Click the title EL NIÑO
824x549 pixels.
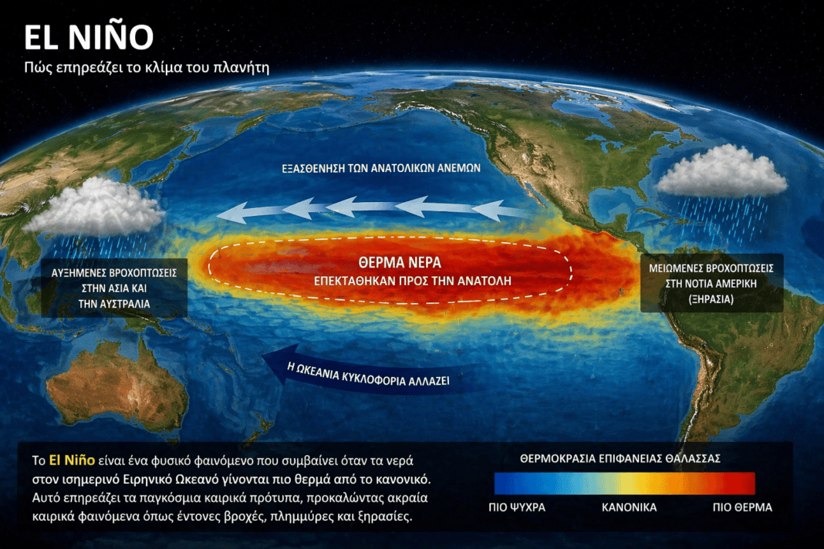tap(88, 37)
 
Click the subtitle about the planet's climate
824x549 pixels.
tap(147, 68)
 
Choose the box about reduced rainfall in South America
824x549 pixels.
tap(711, 283)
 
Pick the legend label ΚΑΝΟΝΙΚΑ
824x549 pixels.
tap(629, 507)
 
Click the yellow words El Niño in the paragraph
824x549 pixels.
tap(72, 460)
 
